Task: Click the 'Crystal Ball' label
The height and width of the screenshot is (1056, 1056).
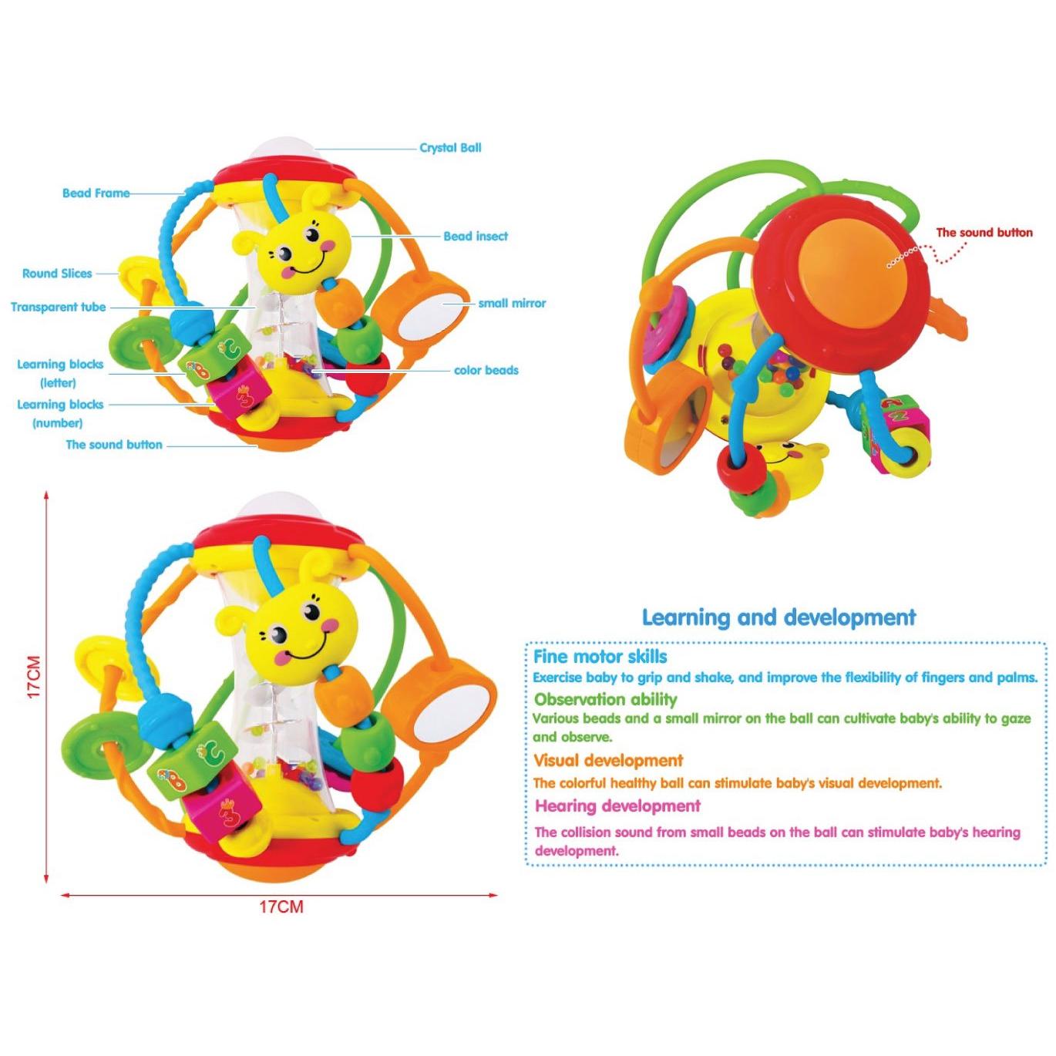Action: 450,148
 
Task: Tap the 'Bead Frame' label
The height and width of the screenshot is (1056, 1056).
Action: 96,193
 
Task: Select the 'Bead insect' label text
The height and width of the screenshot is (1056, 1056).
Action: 475,236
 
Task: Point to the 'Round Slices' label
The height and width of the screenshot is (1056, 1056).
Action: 57,274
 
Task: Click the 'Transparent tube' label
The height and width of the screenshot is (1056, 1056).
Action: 58,307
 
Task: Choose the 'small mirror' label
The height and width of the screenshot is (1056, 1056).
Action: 512,303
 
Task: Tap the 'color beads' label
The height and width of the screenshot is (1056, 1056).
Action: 486,371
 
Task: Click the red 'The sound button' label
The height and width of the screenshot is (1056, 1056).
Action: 984,232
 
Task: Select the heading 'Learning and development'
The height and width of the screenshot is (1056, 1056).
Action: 779,617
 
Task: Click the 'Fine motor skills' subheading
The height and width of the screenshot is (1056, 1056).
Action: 600,657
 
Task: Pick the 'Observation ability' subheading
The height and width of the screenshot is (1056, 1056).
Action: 606,699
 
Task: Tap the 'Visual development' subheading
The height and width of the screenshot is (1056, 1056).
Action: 608,761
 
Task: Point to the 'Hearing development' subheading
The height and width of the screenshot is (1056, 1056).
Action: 617,805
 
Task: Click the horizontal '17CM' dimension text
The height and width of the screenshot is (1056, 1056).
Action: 281,907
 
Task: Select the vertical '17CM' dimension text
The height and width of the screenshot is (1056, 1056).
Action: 35,677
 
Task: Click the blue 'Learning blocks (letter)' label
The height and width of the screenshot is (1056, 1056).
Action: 59,374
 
